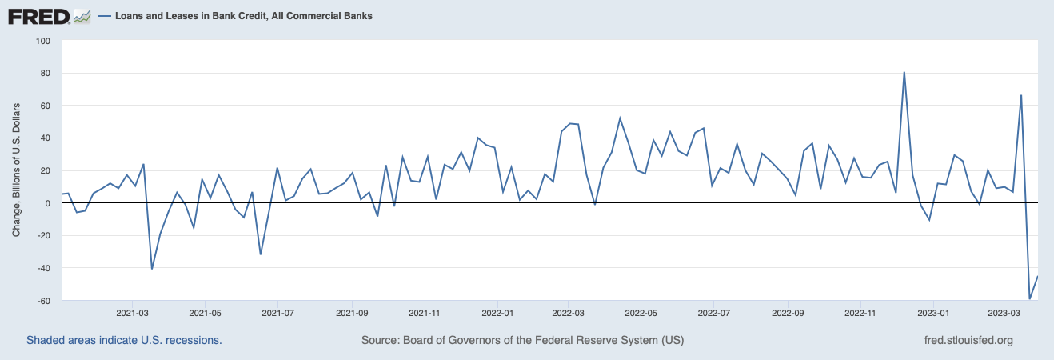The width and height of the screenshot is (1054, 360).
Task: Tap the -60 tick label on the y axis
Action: coord(40,300)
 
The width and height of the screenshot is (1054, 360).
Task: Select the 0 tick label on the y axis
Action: coord(46,202)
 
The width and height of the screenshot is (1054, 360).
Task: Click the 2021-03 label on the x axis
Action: coord(133,313)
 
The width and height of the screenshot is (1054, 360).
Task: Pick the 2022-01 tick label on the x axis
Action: coord(497,313)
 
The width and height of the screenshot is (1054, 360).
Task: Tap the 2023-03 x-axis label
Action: coord(1004,313)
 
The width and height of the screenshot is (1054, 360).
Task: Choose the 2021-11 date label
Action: coord(424,313)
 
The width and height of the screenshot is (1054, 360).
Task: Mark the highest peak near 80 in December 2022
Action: coord(904,73)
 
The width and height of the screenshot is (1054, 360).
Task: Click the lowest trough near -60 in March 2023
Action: coord(1029,299)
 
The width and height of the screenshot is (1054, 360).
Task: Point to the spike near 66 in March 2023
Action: coord(1021,95)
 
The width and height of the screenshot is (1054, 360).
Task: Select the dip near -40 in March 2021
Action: coord(152,268)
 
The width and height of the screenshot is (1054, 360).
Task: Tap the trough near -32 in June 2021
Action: coord(261,254)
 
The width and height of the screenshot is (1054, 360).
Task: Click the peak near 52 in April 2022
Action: coord(620,118)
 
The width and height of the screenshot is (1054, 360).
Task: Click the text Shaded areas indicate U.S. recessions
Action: coord(124,340)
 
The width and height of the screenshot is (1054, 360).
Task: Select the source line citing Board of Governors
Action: coord(522,340)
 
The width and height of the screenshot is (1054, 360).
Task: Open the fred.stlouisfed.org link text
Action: coord(968,340)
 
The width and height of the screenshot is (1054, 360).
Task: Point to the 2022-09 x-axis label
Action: coord(788,313)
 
